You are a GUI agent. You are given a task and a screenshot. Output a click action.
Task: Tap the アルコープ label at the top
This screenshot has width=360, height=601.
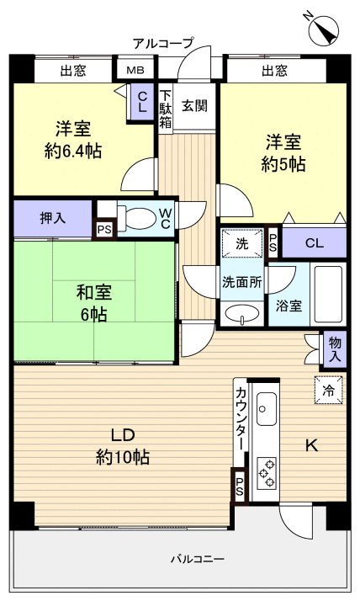163,42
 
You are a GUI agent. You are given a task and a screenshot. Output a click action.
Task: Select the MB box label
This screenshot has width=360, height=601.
135,70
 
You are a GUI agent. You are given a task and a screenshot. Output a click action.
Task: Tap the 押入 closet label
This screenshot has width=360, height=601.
51,218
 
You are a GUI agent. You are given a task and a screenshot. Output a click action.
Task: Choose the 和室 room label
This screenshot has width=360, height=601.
93,294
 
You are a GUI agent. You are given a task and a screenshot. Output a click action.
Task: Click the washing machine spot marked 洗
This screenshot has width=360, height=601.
241,245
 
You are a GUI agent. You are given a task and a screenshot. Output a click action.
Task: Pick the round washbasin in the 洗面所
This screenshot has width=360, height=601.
241,314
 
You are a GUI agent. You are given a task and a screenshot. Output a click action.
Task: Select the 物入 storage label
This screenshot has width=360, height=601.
335,347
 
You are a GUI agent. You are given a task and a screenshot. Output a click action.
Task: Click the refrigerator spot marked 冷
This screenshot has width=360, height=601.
329,390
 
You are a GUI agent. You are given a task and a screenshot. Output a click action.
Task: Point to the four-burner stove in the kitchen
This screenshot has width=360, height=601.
267,471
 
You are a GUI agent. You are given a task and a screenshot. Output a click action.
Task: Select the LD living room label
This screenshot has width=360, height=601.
123,435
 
